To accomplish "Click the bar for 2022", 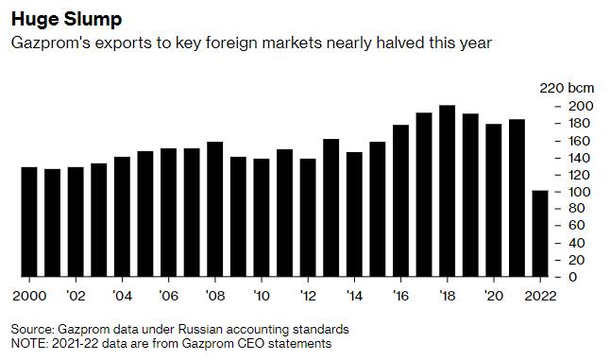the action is click(540, 233).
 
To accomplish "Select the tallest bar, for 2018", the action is click(447, 191).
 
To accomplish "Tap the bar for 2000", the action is click(29, 222).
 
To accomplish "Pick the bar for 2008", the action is click(214, 210).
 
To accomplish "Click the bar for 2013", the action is click(331, 208).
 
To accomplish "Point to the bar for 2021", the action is click(517, 198).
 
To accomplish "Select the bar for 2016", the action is click(400, 201).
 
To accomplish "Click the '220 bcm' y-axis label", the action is click(567, 88).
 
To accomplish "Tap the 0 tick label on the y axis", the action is click(572, 277).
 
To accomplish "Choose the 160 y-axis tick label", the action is click(579, 141).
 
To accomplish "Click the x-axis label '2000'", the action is click(29, 296).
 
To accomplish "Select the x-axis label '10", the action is click(262, 296).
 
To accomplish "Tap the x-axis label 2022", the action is click(540, 296).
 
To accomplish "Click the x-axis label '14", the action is click(354, 296).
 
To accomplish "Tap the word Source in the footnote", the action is click(33, 329).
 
